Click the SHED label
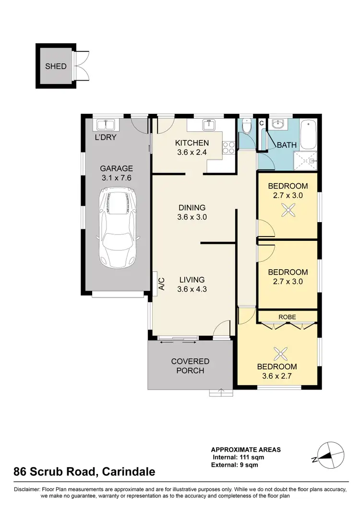click(56, 66)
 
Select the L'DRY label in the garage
click(105, 137)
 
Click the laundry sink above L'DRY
click(105, 125)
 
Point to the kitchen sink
click(207, 126)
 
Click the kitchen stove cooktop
click(228, 148)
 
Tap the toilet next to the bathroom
click(246, 128)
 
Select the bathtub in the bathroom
click(309, 135)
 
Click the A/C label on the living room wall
click(162, 284)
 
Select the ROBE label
click(288, 317)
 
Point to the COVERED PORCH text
click(191, 366)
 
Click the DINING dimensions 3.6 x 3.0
click(192, 217)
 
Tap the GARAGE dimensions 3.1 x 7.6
click(116, 178)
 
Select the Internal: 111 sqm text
click(239, 457)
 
